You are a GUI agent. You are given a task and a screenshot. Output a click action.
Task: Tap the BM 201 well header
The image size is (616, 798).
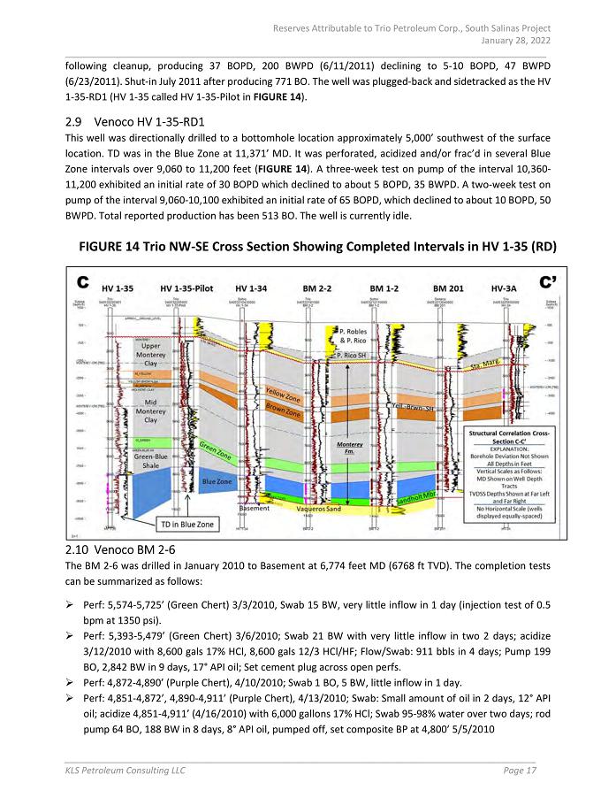(x=451, y=288)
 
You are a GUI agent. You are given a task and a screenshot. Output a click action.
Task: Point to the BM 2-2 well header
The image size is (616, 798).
(x=316, y=288)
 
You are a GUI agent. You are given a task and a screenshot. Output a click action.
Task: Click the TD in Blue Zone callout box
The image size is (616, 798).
(x=187, y=525)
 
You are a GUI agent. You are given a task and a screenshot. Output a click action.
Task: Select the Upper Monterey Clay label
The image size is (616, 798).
(x=150, y=355)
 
